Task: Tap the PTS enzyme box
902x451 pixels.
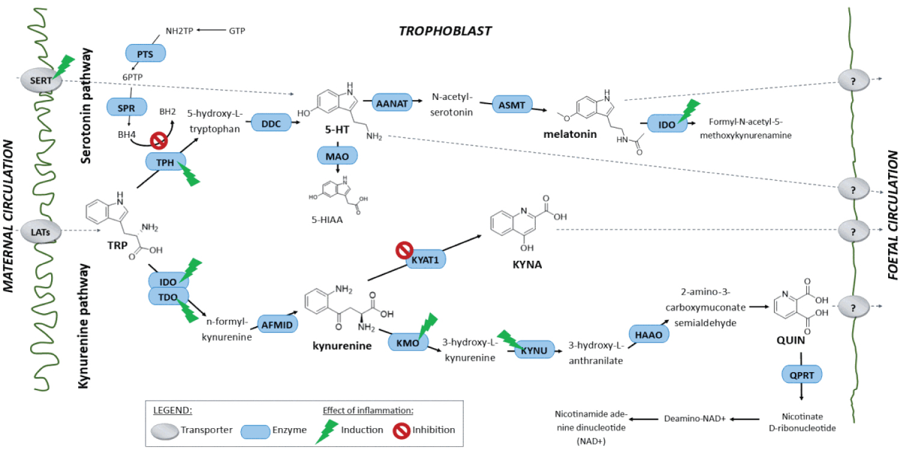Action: point(145,54)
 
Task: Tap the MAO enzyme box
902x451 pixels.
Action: point(338,155)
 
